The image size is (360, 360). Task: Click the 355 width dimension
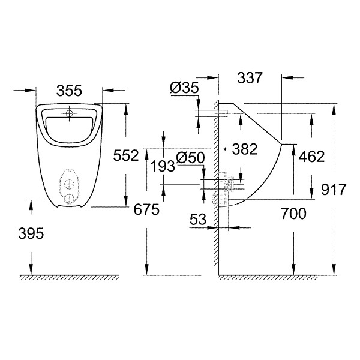pyautogui.click(x=69, y=91)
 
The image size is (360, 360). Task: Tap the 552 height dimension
pyautogui.click(x=126, y=155)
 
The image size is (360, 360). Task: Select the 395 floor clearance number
pyautogui.click(x=31, y=234)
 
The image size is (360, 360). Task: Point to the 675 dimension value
pyautogui.click(x=146, y=209)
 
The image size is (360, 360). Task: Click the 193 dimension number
pyautogui.click(x=163, y=166)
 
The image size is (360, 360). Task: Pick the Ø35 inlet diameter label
pyautogui.click(x=184, y=88)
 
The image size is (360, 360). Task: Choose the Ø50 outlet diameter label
pyautogui.click(x=190, y=158)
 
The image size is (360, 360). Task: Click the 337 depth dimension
pyautogui.click(x=250, y=78)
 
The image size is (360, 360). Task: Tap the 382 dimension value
pyautogui.click(x=245, y=149)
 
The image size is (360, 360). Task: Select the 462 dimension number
pyautogui.click(x=312, y=157)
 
